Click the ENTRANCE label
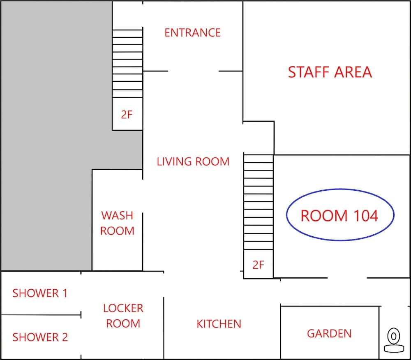point(192,32)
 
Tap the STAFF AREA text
point(330,72)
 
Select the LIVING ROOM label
point(193,162)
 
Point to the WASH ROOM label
point(118,223)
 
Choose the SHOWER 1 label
point(40,293)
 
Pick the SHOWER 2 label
point(40,337)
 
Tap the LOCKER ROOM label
point(123,316)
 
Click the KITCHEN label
point(219,324)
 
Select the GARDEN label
point(329,333)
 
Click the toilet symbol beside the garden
point(394,341)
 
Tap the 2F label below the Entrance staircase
point(127,115)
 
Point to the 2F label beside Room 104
point(258,265)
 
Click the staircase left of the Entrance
point(127,63)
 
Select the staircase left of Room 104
point(259,202)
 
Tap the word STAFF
point(308,72)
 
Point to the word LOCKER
point(123,308)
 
